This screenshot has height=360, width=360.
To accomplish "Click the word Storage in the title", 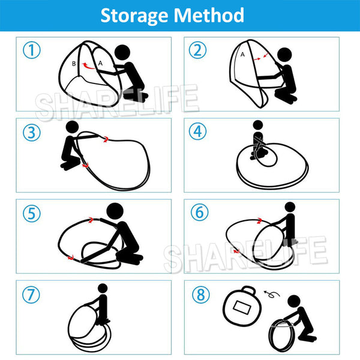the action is point(134,16).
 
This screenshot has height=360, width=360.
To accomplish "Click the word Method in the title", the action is point(209,15).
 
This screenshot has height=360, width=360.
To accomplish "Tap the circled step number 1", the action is point(32,50).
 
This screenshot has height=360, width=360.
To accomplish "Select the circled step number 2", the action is point(197,50).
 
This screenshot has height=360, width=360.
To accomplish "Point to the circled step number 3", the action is point(32,133).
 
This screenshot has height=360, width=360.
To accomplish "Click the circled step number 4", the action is point(197,131).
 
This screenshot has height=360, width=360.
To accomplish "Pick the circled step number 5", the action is point(32,214).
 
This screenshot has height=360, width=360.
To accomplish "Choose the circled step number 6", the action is point(200,212).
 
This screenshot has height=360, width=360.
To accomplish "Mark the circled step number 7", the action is point(31,295).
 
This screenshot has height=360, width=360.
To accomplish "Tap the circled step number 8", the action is point(200,295).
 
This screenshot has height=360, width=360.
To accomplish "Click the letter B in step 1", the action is point(74,64).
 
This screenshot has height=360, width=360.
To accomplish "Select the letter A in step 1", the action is point(100,63).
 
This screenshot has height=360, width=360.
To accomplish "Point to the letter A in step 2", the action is point(242,55).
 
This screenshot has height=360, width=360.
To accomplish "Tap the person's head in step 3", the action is point(73,127).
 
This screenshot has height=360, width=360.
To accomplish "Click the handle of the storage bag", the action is point(248,290).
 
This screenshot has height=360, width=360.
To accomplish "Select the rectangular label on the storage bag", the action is point(242,307).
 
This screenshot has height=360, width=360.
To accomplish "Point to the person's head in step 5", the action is point(115,211).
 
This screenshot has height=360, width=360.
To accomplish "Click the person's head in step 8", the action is point(294,301).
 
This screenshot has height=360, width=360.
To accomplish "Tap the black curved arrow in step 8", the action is point(272,294).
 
